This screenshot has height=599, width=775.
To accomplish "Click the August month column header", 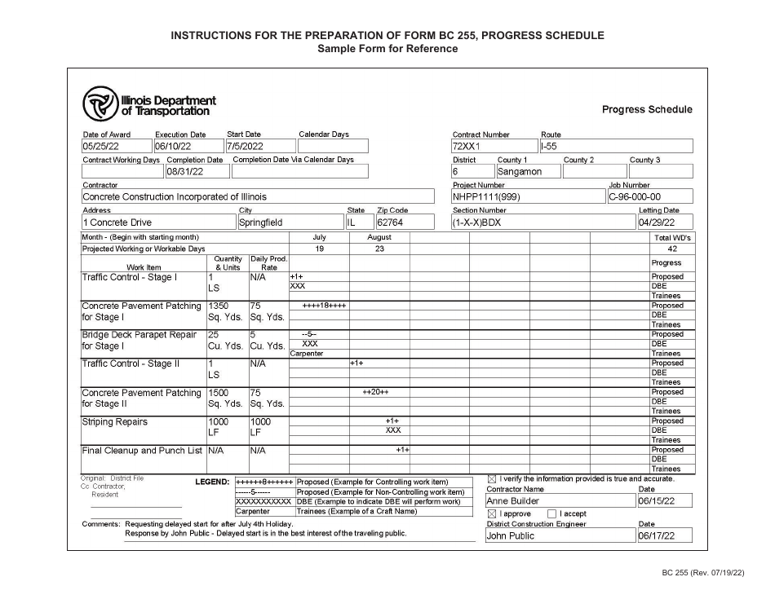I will (x=379, y=237).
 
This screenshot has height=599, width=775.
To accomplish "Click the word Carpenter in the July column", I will (x=307, y=354).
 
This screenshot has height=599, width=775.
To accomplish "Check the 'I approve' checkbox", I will (x=491, y=514).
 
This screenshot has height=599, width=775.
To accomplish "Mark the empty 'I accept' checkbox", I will (x=552, y=514).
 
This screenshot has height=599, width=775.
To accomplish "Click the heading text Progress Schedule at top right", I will (x=646, y=109).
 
